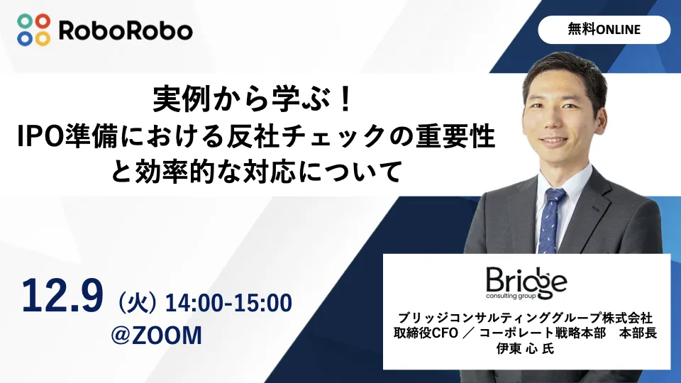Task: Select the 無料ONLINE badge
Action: coord(604,30)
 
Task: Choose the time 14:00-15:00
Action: coord(228,303)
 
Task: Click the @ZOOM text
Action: coord(157,335)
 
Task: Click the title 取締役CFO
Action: coord(424,332)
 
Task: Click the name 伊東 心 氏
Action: coord(526,348)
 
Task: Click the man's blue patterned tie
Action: coord(550,219)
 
